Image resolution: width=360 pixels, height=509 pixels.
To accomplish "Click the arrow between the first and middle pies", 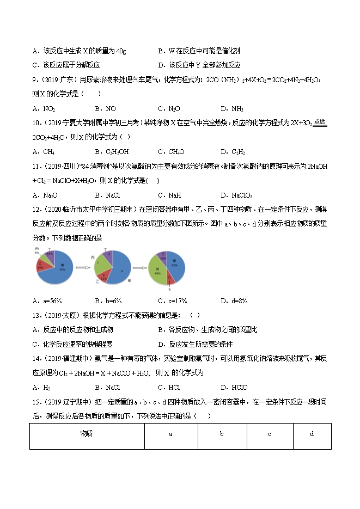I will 82,267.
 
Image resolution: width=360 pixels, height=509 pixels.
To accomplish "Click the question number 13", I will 35,315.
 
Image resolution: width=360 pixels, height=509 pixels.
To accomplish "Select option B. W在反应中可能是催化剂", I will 198,51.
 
